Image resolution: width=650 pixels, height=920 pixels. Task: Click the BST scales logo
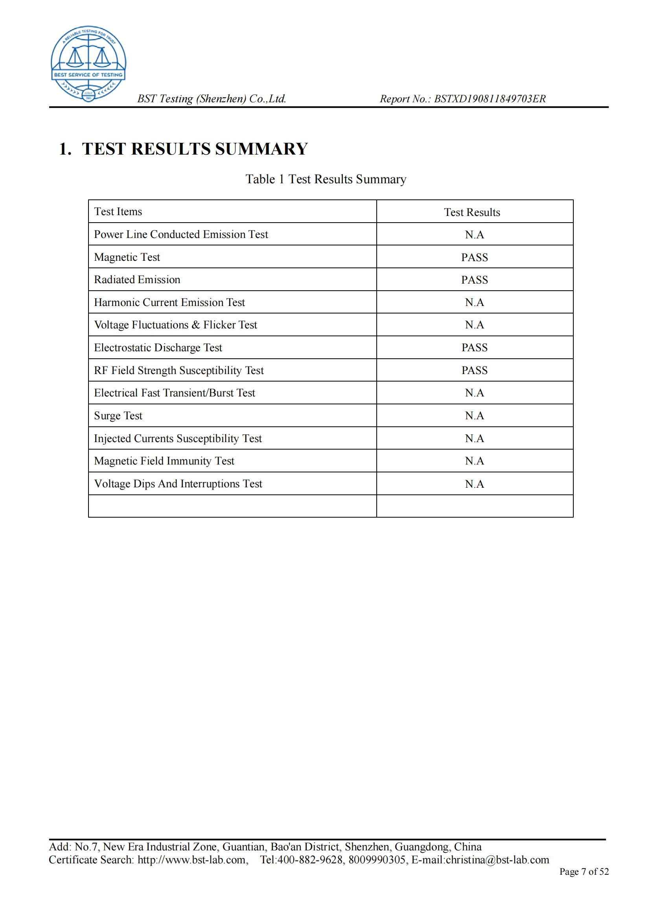coord(88,63)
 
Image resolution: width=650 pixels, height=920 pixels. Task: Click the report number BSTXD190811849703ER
coord(490,99)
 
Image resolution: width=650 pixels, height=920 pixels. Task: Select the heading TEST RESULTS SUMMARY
coord(195,149)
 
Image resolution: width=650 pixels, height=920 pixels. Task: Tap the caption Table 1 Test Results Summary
coord(326,179)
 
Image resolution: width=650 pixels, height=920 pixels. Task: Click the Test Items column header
coord(118,212)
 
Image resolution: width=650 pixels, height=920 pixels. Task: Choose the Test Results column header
coord(472,212)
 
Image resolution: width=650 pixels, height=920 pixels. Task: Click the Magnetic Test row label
coord(127,257)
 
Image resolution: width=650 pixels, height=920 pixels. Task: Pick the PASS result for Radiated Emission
coord(474,280)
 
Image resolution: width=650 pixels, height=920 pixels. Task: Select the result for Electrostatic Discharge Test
coord(474,347)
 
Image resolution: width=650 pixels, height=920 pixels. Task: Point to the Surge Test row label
coord(118,416)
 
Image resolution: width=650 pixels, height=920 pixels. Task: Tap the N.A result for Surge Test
coord(474,416)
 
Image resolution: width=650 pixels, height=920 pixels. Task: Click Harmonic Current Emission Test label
coord(169,302)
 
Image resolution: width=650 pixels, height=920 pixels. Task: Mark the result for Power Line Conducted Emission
coord(474,235)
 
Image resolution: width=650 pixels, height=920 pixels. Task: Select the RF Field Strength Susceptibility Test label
coord(179,371)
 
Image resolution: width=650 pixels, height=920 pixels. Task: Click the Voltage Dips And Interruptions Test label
coord(178,484)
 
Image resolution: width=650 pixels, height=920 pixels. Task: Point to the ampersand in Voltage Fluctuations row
coord(195,325)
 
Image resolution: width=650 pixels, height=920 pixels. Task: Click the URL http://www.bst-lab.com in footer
coord(192,860)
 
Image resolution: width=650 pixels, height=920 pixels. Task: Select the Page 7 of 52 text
coord(584,872)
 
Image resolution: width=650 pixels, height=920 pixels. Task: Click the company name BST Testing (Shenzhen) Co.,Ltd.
coord(212,99)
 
